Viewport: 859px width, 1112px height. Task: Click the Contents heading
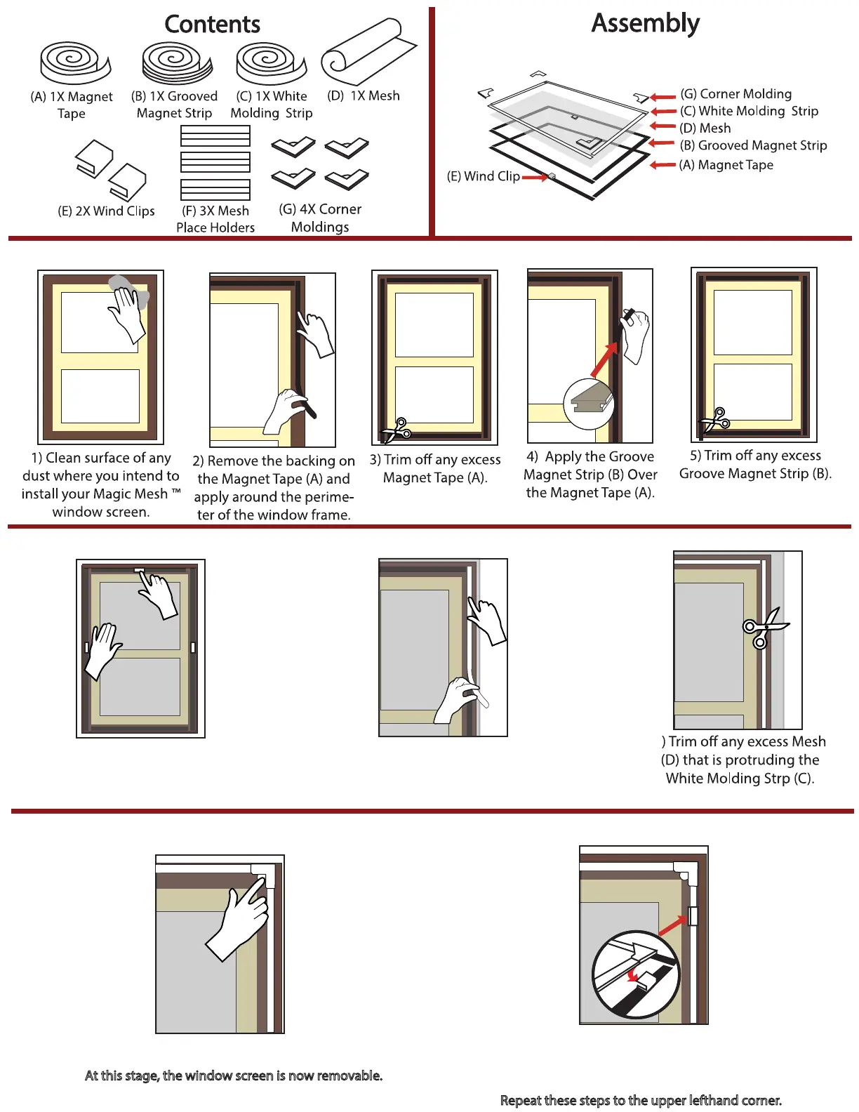point(212,24)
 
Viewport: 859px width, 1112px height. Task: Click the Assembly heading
point(645,23)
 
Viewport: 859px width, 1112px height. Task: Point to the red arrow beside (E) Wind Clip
point(535,178)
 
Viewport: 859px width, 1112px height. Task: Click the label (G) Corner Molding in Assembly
point(735,94)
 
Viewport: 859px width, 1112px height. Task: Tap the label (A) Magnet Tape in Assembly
point(726,165)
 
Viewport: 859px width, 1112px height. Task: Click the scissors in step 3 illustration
point(397,430)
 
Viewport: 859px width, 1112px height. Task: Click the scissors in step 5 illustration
point(715,421)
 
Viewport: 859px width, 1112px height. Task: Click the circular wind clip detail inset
point(636,974)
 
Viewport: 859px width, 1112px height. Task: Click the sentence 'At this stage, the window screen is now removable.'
point(234,1075)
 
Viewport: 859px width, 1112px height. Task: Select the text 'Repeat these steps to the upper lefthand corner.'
point(641,1100)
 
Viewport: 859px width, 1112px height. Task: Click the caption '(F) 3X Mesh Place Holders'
point(215,219)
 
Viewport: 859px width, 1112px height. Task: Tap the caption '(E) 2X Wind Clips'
point(106,211)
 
